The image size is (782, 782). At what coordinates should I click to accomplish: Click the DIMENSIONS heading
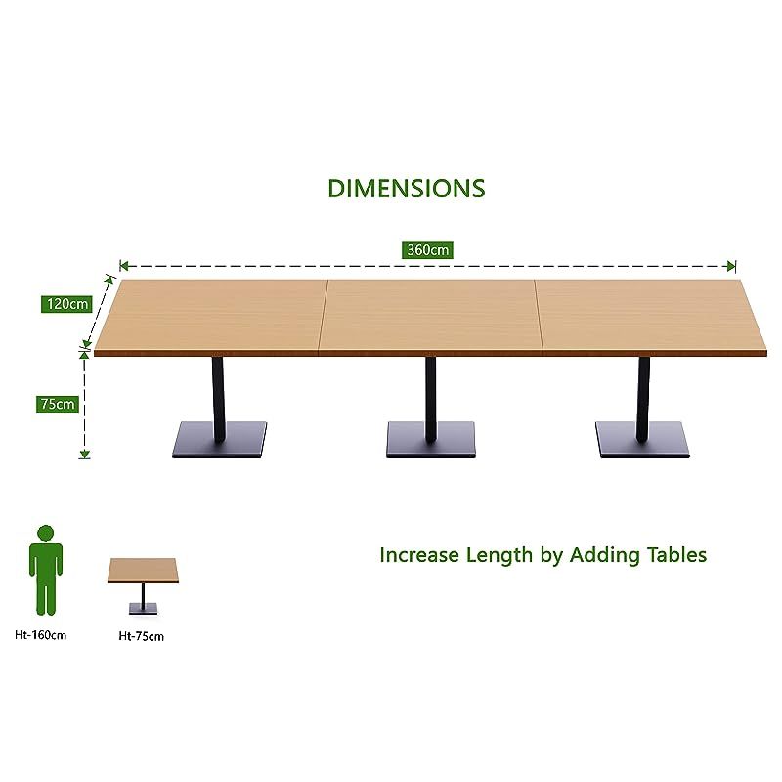[x=407, y=189]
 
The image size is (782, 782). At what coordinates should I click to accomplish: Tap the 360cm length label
[x=427, y=250]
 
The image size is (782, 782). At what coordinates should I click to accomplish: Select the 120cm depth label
[x=66, y=304]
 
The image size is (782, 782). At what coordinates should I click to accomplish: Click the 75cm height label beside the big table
[x=58, y=404]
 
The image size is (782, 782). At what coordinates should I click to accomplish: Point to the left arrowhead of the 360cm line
[x=124, y=266]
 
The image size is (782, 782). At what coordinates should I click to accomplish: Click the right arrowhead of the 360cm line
[x=731, y=266]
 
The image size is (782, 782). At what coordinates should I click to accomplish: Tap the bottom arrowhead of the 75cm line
[x=85, y=454]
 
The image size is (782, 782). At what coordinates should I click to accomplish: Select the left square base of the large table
[x=219, y=440]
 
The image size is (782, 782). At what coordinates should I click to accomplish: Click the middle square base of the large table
[x=431, y=439]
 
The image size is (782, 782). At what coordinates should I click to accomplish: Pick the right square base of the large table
[x=643, y=439]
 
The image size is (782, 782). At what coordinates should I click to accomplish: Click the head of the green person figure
[x=45, y=533]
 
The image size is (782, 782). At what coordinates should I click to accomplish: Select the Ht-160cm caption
[x=40, y=635]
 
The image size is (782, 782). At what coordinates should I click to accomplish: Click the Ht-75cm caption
[x=141, y=636]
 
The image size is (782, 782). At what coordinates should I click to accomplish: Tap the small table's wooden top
[x=143, y=570]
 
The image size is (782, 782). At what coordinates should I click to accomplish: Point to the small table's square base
[x=143, y=608]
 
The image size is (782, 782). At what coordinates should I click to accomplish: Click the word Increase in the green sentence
[x=419, y=555]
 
